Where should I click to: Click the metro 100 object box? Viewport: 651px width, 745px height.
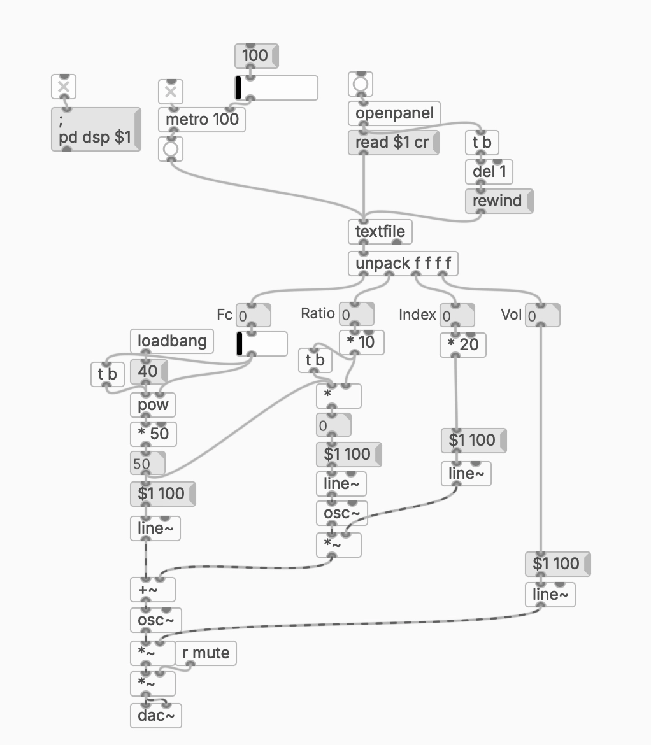pyautogui.click(x=202, y=118)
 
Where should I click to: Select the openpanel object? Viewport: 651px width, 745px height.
pyautogui.click(x=394, y=113)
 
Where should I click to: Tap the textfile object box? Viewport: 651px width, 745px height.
pyautogui.click(x=380, y=231)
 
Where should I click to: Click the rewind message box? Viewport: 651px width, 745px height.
pyautogui.click(x=498, y=201)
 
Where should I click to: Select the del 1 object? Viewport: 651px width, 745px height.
pyautogui.click(x=489, y=171)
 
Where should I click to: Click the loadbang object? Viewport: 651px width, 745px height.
pyautogui.click(x=172, y=341)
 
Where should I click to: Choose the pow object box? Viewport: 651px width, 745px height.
pyautogui.click(x=152, y=404)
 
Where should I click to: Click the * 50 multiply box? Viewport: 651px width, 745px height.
pyautogui.click(x=153, y=434)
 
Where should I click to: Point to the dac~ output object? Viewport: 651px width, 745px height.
pyautogui.click(x=155, y=716)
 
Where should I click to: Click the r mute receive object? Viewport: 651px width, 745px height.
pyautogui.click(x=206, y=653)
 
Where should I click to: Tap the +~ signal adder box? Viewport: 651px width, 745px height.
pyautogui.click(x=152, y=590)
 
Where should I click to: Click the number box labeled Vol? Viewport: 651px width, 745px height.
pyautogui.click(x=542, y=315)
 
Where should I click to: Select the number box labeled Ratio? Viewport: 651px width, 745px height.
pyautogui.click(x=356, y=315)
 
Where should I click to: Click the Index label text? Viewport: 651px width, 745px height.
pyautogui.click(x=417, y=315)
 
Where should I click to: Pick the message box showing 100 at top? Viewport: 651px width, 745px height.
pyautogui.click(x=255, y=55)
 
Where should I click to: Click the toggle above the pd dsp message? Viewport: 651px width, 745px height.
pyautogui.click(x=63, y=87)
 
